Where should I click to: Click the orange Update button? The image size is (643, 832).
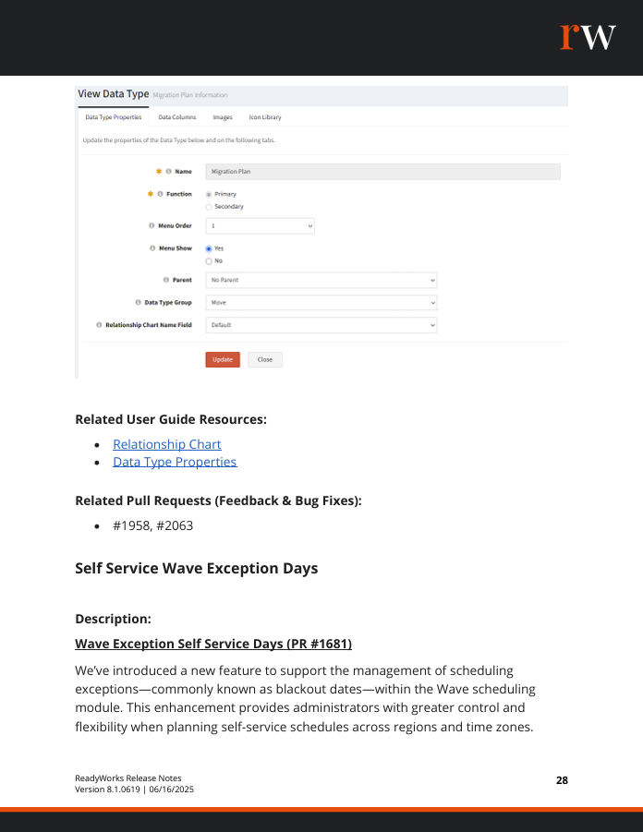[223, 359]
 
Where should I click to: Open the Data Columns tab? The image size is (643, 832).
[177, 117]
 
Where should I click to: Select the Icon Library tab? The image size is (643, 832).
[265, 117]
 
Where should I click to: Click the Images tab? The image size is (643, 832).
[223, 117]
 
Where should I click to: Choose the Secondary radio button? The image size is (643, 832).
[209, 207]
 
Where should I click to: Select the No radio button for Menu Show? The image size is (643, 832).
[209, 260]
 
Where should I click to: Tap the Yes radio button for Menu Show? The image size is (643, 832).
[209, 248]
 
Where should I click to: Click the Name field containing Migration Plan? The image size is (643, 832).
[382, 171]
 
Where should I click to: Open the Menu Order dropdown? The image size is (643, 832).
[260, 225]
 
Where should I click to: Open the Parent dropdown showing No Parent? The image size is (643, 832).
[321, 280]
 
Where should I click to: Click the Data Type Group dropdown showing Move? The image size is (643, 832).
[321, 302]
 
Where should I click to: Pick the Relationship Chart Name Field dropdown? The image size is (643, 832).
[321, 325]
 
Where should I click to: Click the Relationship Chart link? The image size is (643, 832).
[167, 444]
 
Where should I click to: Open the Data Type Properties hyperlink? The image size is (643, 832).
[175, 462]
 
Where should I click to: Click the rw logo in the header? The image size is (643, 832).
[588, 36]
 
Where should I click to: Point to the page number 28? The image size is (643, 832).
[562, 780]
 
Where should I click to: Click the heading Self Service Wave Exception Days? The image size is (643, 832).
[196, 568]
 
